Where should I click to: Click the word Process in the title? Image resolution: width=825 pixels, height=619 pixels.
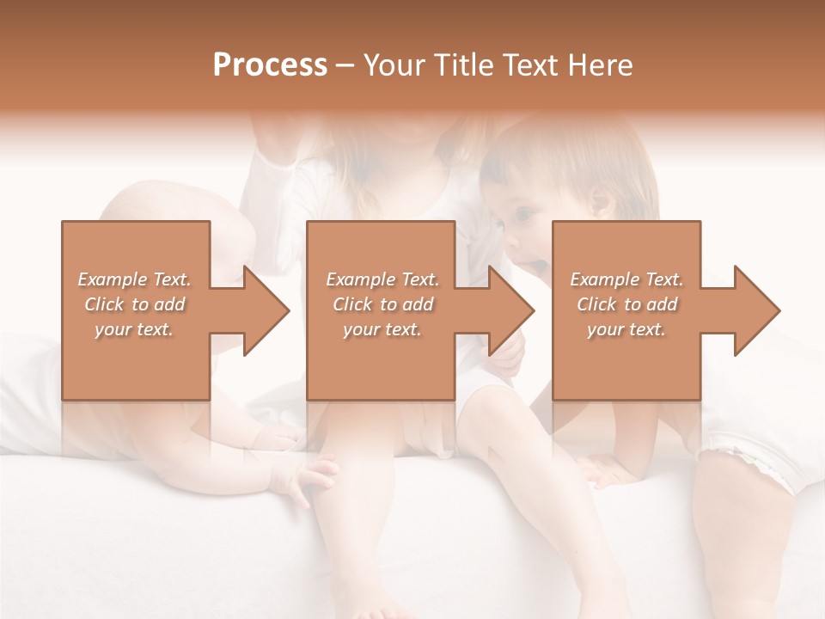pos(270,65)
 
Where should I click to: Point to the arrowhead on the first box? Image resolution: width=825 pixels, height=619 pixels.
pos(263,310)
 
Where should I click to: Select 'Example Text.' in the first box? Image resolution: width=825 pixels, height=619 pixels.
pos(135,279)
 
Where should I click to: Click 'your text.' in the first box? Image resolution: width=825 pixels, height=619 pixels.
pos(135,329)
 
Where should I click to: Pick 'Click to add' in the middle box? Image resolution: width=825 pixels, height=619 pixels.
pos(382,304)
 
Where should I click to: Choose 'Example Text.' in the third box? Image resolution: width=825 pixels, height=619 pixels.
pos(626,279)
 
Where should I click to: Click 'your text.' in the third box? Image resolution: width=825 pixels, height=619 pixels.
pos(626,329)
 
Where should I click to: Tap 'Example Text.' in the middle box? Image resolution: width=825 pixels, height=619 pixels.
pos(382,279)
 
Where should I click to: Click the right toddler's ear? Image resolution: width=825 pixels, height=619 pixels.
pos(600,203)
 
